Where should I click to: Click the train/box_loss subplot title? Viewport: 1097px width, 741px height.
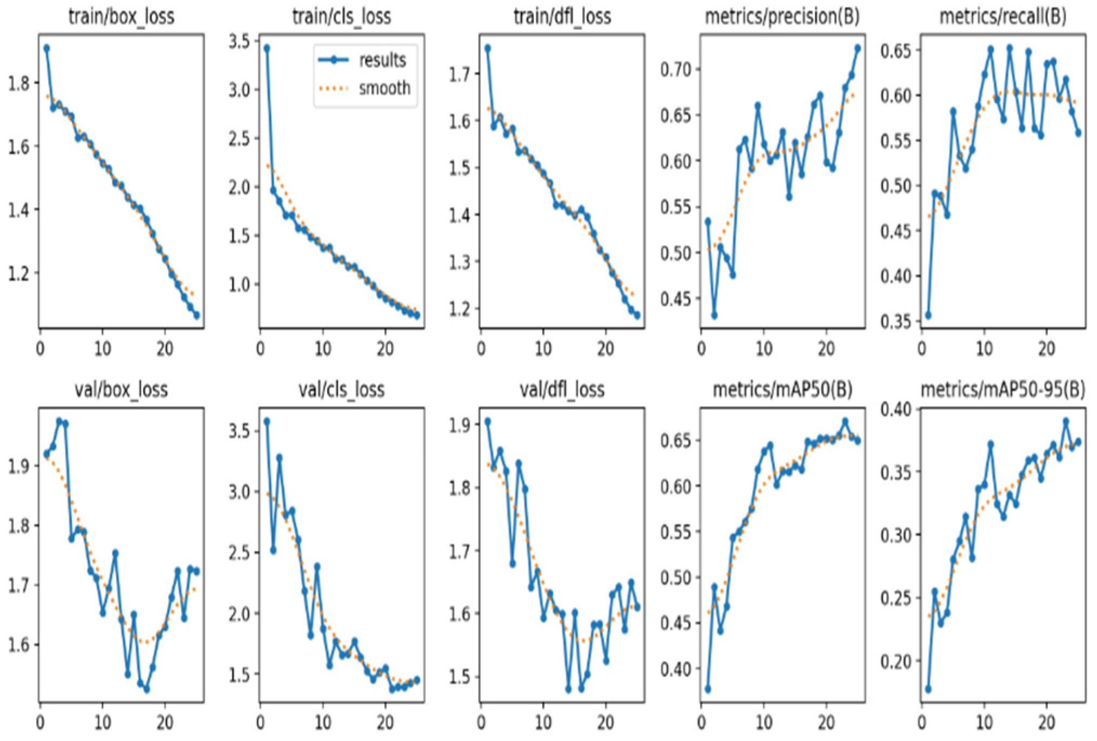[x=121, y=16]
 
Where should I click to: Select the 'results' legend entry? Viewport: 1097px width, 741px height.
[x=382, y=60]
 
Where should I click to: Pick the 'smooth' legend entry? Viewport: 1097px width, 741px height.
[x=384, y=88]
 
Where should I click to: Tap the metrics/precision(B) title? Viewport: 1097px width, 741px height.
[x=782, y=16]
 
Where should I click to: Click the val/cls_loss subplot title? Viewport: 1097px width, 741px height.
[x=341, y=389]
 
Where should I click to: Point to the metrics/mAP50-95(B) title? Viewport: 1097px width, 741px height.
[x=1002, y=389]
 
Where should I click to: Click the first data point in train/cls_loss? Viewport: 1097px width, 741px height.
[x=267, y=48]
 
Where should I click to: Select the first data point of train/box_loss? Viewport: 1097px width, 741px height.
[x=46, y=48]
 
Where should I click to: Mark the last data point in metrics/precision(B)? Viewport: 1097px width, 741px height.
[x=857, y=48]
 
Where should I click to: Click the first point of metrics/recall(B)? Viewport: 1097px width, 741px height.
[x=928, y=315]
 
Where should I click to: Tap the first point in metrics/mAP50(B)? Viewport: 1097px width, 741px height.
[x=708, y=689]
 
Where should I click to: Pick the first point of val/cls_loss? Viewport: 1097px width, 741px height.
[x=267, y=421]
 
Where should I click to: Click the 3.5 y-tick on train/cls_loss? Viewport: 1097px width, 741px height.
[x=239, y=42]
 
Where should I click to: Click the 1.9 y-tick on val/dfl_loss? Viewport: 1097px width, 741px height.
[x=459, y=425]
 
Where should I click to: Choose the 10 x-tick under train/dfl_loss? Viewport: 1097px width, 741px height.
[x=543, y=349]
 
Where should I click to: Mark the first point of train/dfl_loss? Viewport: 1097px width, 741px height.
[x=488, y=48]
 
